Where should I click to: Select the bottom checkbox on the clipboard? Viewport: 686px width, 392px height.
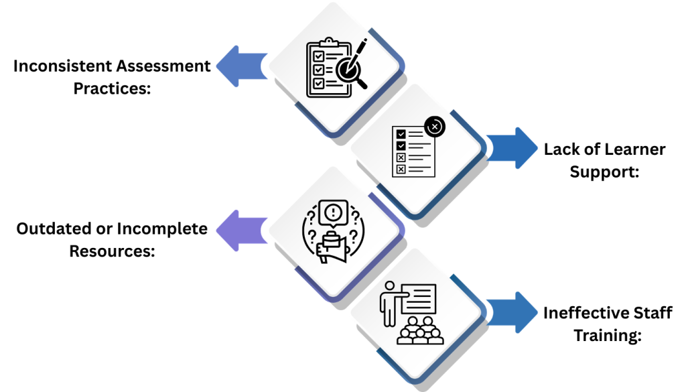coord(319,83)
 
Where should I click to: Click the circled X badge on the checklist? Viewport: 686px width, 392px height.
coord(435,125)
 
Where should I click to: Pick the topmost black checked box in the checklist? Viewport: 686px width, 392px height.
coord(401,134)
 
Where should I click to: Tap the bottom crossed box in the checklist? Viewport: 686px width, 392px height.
coord(401,169)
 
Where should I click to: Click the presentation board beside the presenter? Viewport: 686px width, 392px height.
coord(419,297)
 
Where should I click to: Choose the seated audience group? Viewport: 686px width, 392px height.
coord(419,332)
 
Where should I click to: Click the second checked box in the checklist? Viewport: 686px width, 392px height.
coord(401,145)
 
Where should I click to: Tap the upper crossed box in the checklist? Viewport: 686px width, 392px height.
coord(401,157)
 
